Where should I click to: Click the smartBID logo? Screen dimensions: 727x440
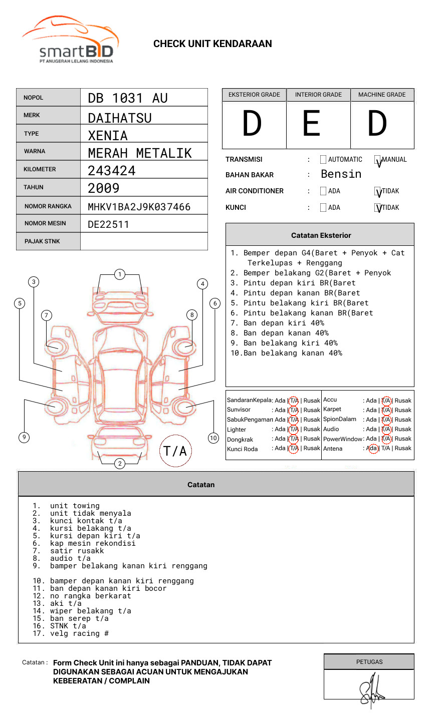[x=70, y=40]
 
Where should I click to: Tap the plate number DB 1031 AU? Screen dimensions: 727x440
[x=127, y=98]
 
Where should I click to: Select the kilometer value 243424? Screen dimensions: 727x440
[x=111, y=171]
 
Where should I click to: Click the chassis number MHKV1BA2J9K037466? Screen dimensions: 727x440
[x=139, y=207]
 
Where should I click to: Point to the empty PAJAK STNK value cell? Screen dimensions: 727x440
[x=144, y=241]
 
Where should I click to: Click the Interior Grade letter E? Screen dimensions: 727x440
[x=311, y=124]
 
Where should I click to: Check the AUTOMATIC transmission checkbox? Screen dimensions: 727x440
[x=323, y=160]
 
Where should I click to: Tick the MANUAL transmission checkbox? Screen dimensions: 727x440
[x=377, y=160]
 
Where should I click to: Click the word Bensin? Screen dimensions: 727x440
[x=341, y=174]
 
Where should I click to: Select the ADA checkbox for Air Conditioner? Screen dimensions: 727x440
[x=323, y=191]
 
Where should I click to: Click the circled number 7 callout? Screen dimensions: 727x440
[x=47, y=315]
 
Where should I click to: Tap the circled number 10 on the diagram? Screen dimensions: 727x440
[x=213, y=438]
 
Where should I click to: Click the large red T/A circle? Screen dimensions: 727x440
[x=175, y=451]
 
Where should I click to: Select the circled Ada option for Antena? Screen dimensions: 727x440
[x=372, y=449]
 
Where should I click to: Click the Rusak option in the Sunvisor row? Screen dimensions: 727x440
[x=311, y=410]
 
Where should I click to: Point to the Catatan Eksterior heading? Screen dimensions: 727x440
[x=321, y=235]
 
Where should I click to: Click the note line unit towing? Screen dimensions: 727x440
[x=75, y=506]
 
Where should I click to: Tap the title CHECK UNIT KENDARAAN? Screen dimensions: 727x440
[x=212, y=44]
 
